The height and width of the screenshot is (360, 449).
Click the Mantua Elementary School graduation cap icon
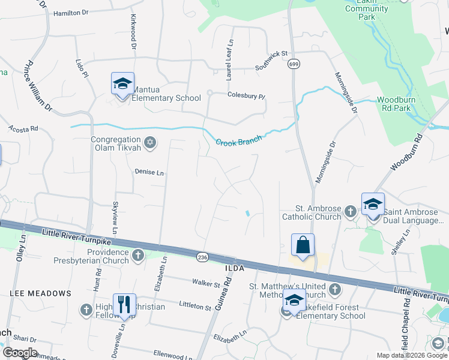pos(122,84)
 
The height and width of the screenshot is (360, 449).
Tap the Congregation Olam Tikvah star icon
pos(150,143)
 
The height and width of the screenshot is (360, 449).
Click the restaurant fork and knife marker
pos(124,305)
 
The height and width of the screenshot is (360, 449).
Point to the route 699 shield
pos(293,64)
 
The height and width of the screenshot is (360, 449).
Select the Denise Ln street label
pos(149,173)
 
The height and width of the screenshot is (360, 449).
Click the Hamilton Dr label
pos(70,13)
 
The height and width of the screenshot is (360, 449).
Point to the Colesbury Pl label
pos(246,95)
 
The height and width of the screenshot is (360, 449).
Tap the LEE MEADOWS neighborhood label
pos(40,293)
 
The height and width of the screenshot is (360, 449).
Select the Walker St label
pos(204,282)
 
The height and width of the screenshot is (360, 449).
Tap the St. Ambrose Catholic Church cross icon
pos(351,211)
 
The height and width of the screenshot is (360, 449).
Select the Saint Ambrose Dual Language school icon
pos(373,205)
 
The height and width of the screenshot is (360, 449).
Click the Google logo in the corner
pos(20,353)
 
